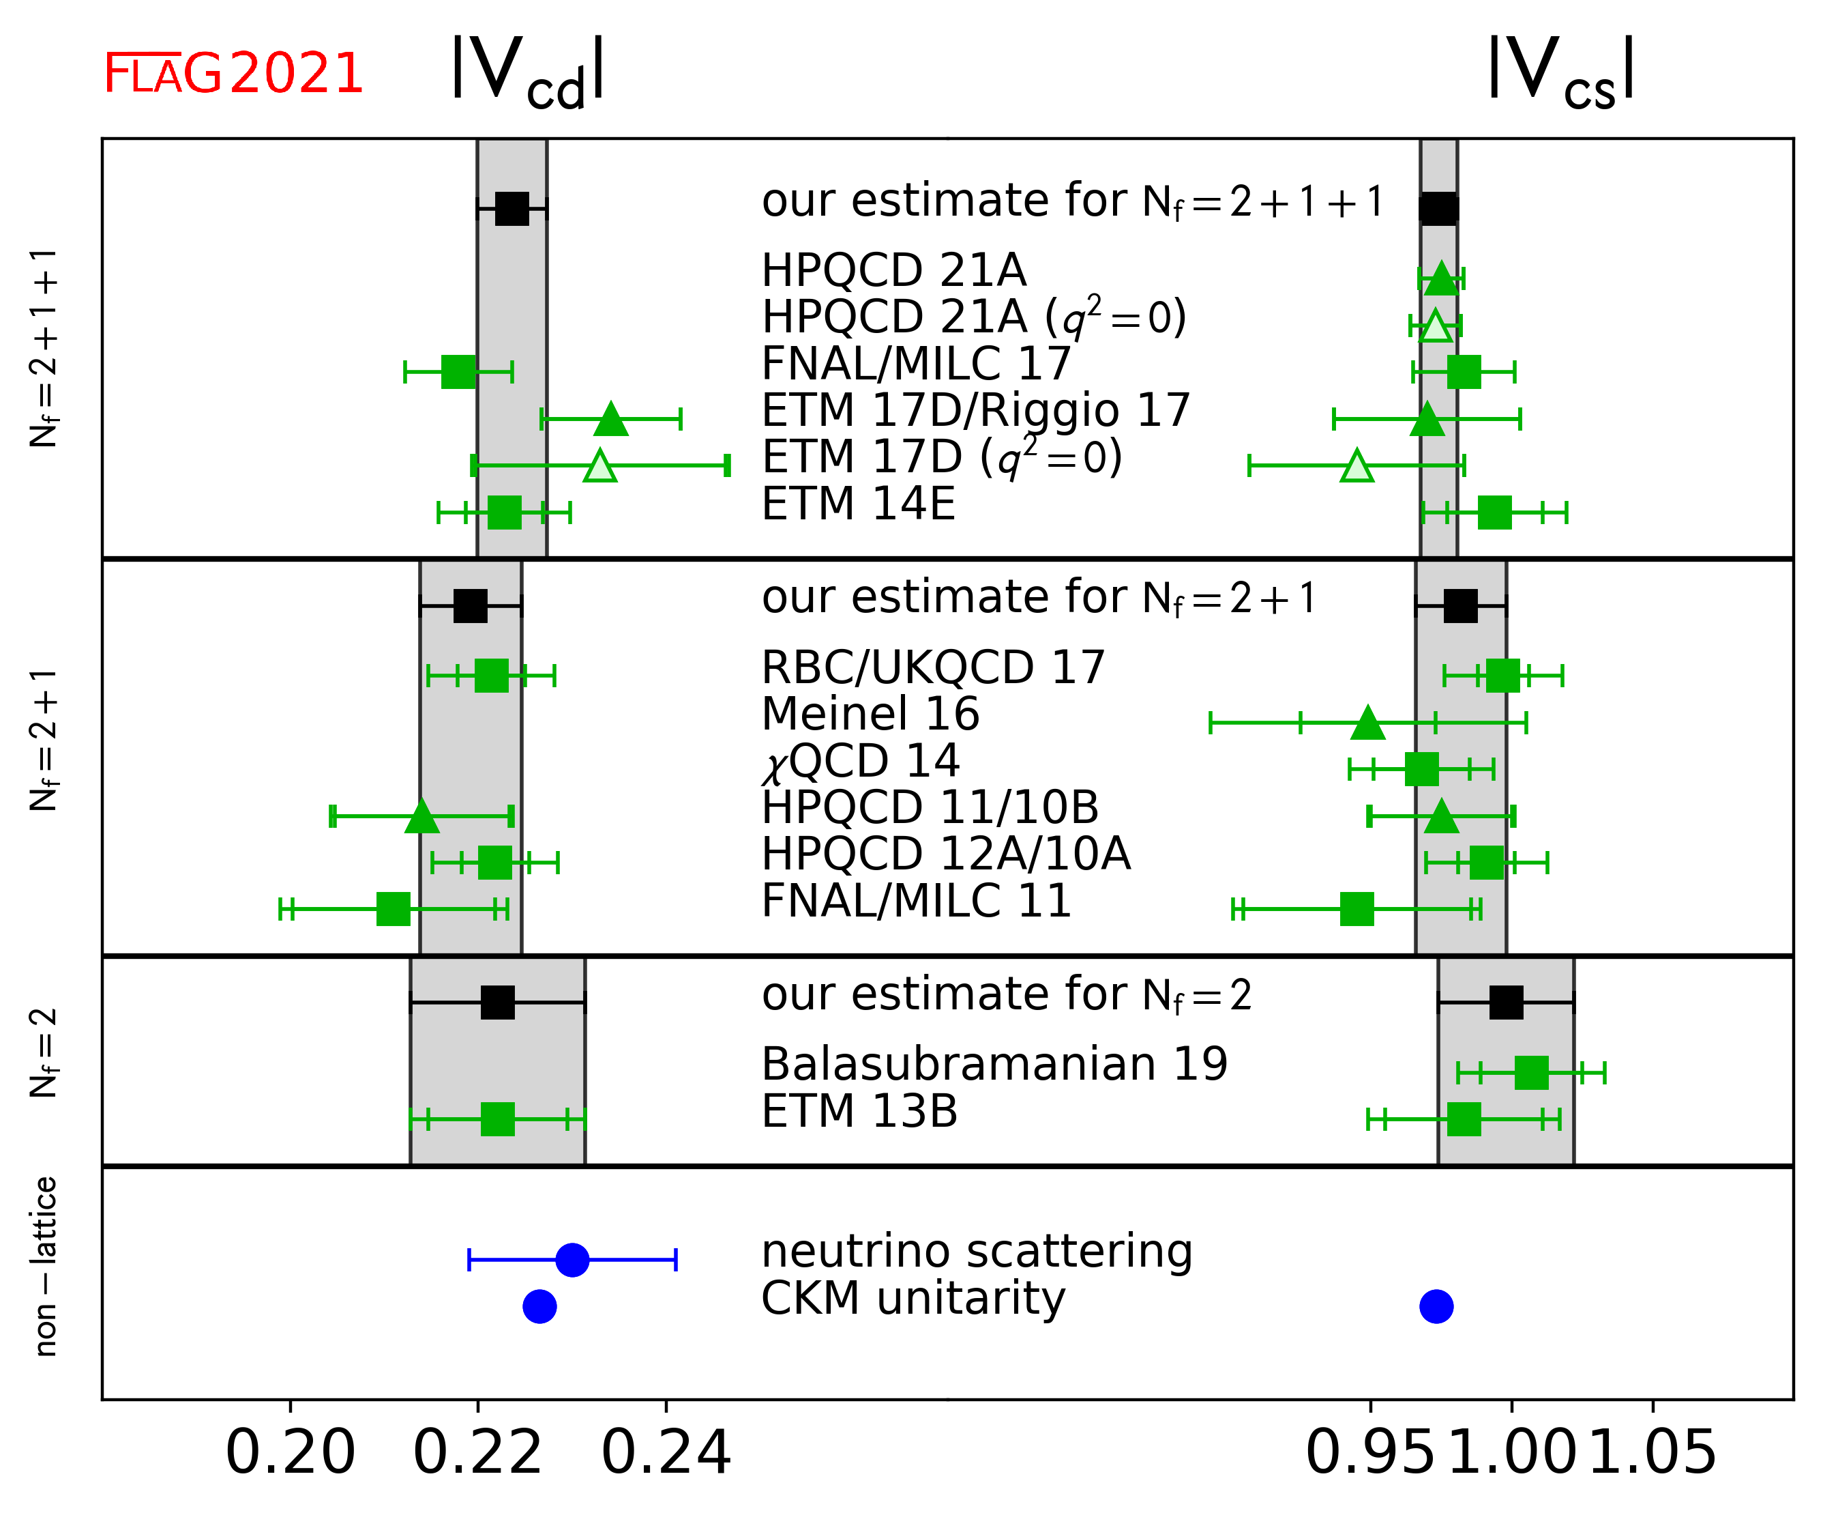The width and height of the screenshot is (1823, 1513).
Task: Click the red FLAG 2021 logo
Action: (233, 74)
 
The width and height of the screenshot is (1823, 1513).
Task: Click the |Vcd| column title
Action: (528, 73)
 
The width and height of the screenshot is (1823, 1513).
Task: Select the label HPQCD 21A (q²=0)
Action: (973, 317)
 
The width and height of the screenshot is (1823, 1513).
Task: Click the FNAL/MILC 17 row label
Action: (916, 364)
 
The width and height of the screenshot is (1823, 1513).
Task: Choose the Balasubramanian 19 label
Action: (994, 1064)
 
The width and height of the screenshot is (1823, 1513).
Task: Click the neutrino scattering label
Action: (977, 1252)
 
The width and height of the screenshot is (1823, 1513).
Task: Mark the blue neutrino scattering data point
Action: (572, 1259)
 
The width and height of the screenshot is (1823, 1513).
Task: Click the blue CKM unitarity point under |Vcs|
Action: (1436, 1306)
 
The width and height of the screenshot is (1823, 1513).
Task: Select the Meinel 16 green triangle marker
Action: (1368, 723)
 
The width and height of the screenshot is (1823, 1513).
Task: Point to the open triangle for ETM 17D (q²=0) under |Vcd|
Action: (600, 466)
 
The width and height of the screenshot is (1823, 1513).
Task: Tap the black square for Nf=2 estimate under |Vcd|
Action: (497, 1003)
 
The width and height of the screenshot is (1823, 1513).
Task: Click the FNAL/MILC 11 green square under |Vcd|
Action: (394, 909)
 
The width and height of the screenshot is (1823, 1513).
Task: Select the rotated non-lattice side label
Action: (44, 1267)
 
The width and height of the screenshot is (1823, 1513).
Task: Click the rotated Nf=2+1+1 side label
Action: (44, 347)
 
